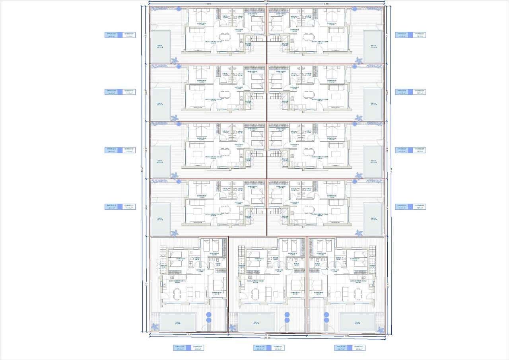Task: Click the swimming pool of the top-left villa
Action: pyautogui.click(x=161, y=47)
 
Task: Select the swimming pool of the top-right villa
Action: pyautogui.click(x=373, y=47)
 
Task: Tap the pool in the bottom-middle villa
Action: pyautogui.click(x=256, y=322)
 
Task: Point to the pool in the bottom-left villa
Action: pyautogui.click(x=177, y=322)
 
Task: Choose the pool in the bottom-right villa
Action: pyautogui.click(x=357, y=322)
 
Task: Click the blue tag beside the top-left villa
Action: pyautogui.click(x=120, y=35)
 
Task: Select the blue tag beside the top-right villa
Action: pyautogui.click(x=410, y=35)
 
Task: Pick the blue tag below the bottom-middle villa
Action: pyautogui.click(x=269, y=348)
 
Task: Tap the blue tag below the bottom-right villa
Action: pyautogui.click(x=350, y=348)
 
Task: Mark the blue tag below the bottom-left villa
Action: pyautogui.click(x=188, y=348)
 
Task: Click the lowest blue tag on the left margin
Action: pyautogui.click(x=120, y=207)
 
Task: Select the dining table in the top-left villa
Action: pyautogui.click(x=225, y=37)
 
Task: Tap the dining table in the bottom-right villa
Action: pyautogui.click(x=357, y=295)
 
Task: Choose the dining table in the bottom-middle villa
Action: pyautogui.click(x=256, y=295)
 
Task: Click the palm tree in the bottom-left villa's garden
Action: pyautogui.click(x=155, y=327)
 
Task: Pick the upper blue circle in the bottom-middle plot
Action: pyautogui.click(x=287, y=315)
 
